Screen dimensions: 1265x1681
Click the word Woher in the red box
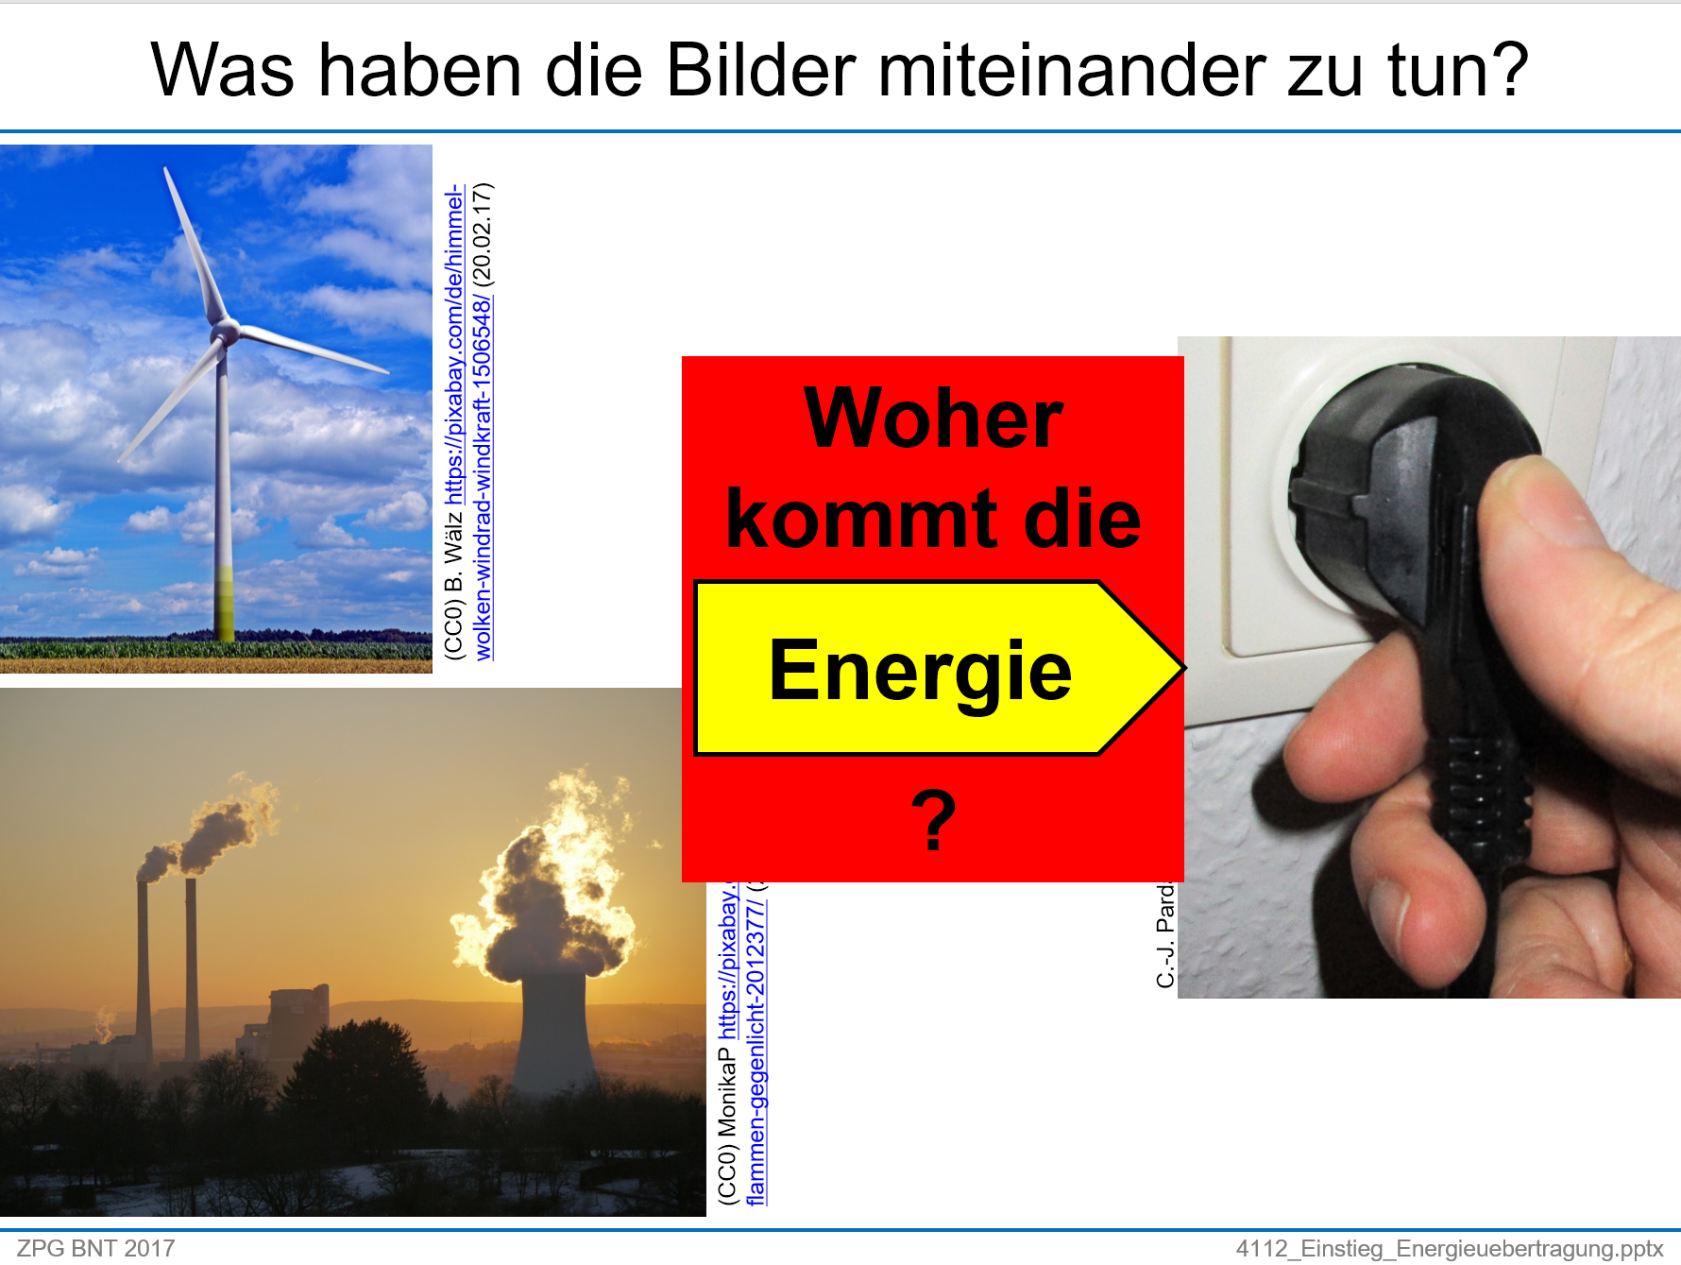[x=933, y=419]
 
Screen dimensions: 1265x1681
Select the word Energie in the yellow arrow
[x=920, y=670]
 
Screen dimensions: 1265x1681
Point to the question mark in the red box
[x=933, y=820]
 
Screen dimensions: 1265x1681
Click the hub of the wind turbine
[x=225, y=332]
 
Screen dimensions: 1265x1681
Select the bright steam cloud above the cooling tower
[x=548, y=897]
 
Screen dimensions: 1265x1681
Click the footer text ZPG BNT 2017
[x=95, y=1248]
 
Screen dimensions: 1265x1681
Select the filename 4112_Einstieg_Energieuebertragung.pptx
[x=1449, y=1248]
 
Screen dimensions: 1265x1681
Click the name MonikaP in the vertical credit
[x=727, y=1096]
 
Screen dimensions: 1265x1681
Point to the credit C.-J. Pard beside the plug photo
[x=1165, y=935]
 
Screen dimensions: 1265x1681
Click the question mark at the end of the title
[x=1503, y=70]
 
